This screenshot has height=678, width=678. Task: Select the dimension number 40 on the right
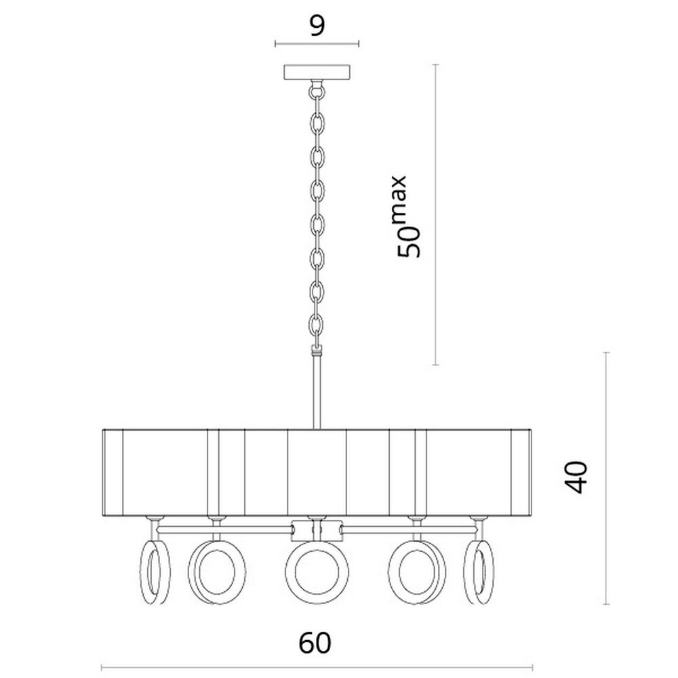point(575,477)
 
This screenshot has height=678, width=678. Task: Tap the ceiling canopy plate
point(317,73)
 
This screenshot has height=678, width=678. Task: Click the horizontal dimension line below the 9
point(317,45)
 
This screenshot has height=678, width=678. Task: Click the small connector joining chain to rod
point(317,353)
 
